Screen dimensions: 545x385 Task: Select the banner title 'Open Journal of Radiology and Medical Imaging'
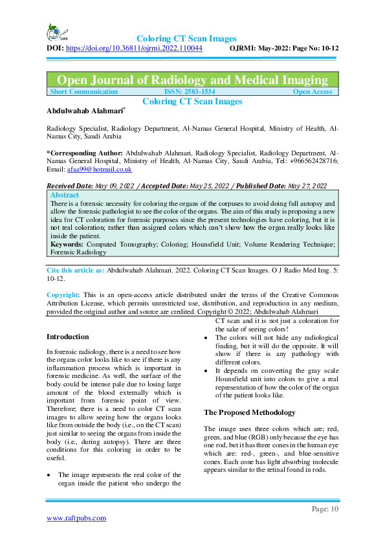click(x=192, y=80)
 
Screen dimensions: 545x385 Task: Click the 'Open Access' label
click(x=313, y=92)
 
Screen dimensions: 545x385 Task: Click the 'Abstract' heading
click(x=65, y=195)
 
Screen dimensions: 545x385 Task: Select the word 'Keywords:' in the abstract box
click(x=67, y=243)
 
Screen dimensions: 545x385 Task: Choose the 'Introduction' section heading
click(x=68, y=337)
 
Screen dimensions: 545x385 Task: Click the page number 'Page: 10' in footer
click(x=325, y=509)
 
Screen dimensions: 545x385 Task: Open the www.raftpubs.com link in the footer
click(x=76, y=518)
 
